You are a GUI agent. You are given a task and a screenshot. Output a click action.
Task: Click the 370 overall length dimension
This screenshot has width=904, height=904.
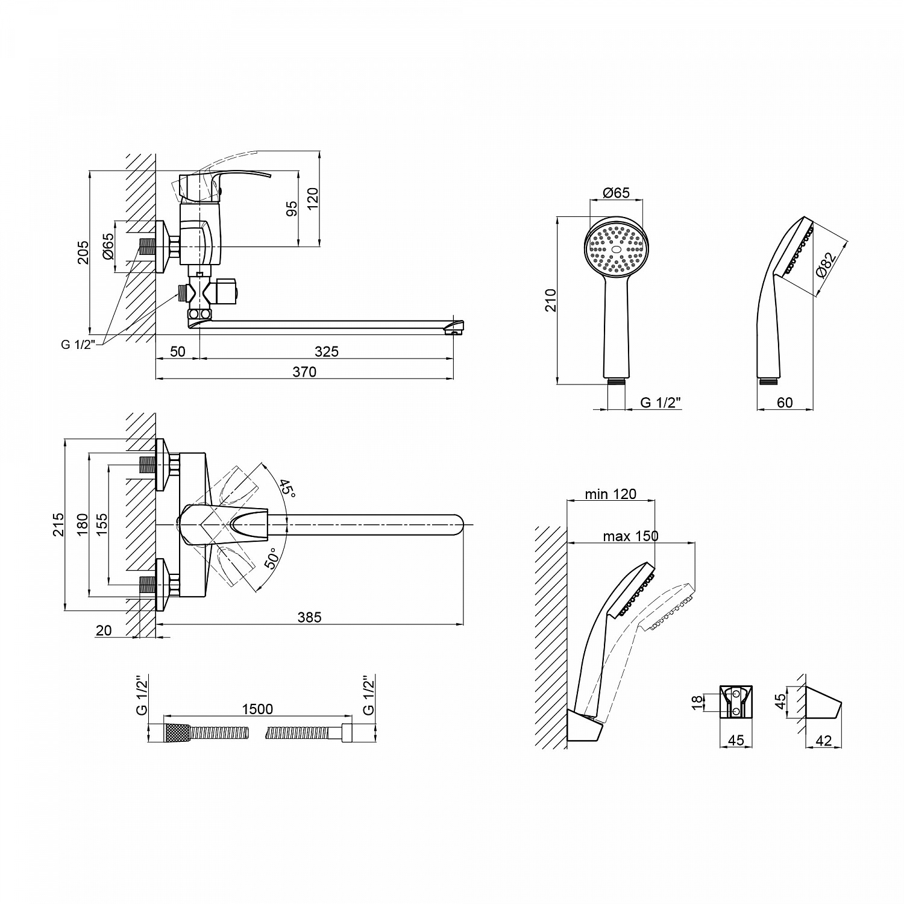click(x=304, y=372)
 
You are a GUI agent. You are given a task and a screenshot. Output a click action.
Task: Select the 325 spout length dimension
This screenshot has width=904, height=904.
click(x=327, y=351)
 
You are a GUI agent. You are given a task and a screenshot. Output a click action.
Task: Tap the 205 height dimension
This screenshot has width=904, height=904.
click(x=83, y=252)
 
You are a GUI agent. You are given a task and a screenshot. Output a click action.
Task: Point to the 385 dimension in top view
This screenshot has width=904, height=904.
click(x=309, y=617)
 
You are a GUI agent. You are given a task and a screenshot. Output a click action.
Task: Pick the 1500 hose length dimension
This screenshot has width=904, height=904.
click(x=257, y=709)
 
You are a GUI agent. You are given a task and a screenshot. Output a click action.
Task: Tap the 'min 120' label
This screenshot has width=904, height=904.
click(x=611, y=494)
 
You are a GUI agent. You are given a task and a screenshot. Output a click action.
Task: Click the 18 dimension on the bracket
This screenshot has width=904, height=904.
click(x=697, y=702)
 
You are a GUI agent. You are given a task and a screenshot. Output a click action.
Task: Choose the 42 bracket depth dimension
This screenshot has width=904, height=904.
click(x=823, y=741)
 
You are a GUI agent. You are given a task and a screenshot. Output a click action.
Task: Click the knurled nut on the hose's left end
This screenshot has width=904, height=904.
click(x=178, y=733)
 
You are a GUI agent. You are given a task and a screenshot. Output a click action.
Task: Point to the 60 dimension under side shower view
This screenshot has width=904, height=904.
click(x=785, y=403)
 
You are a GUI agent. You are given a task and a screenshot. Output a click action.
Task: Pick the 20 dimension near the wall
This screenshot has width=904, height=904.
click(x=104, y=630)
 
